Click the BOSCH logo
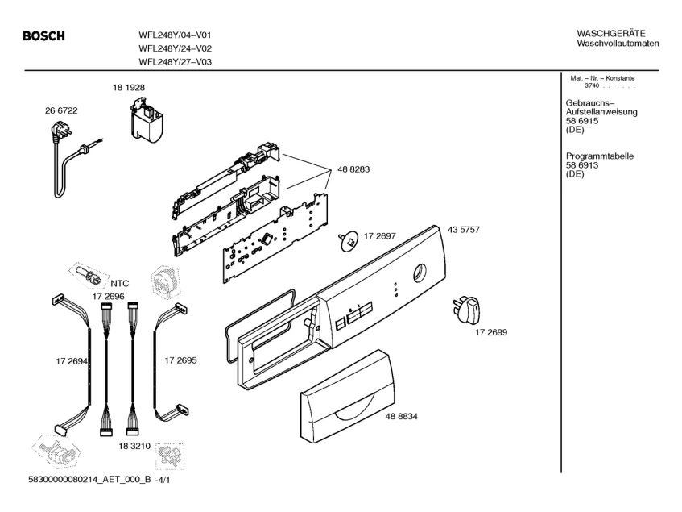coord(43,35)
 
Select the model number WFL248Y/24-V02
coord(176,48)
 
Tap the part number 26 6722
coord(61,110)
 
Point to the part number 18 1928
coord(129,88)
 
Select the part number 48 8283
coord(353,169)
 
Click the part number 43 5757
coord(464,230)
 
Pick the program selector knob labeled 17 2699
coord(467,310)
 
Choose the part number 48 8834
coord(401,417)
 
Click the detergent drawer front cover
coord(348,394)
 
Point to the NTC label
coord(120,284)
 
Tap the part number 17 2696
coord(109,297)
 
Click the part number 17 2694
coord(72,361)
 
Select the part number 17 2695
coord(180,360)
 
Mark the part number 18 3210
coord(134,446)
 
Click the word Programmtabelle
coord(599,156)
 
